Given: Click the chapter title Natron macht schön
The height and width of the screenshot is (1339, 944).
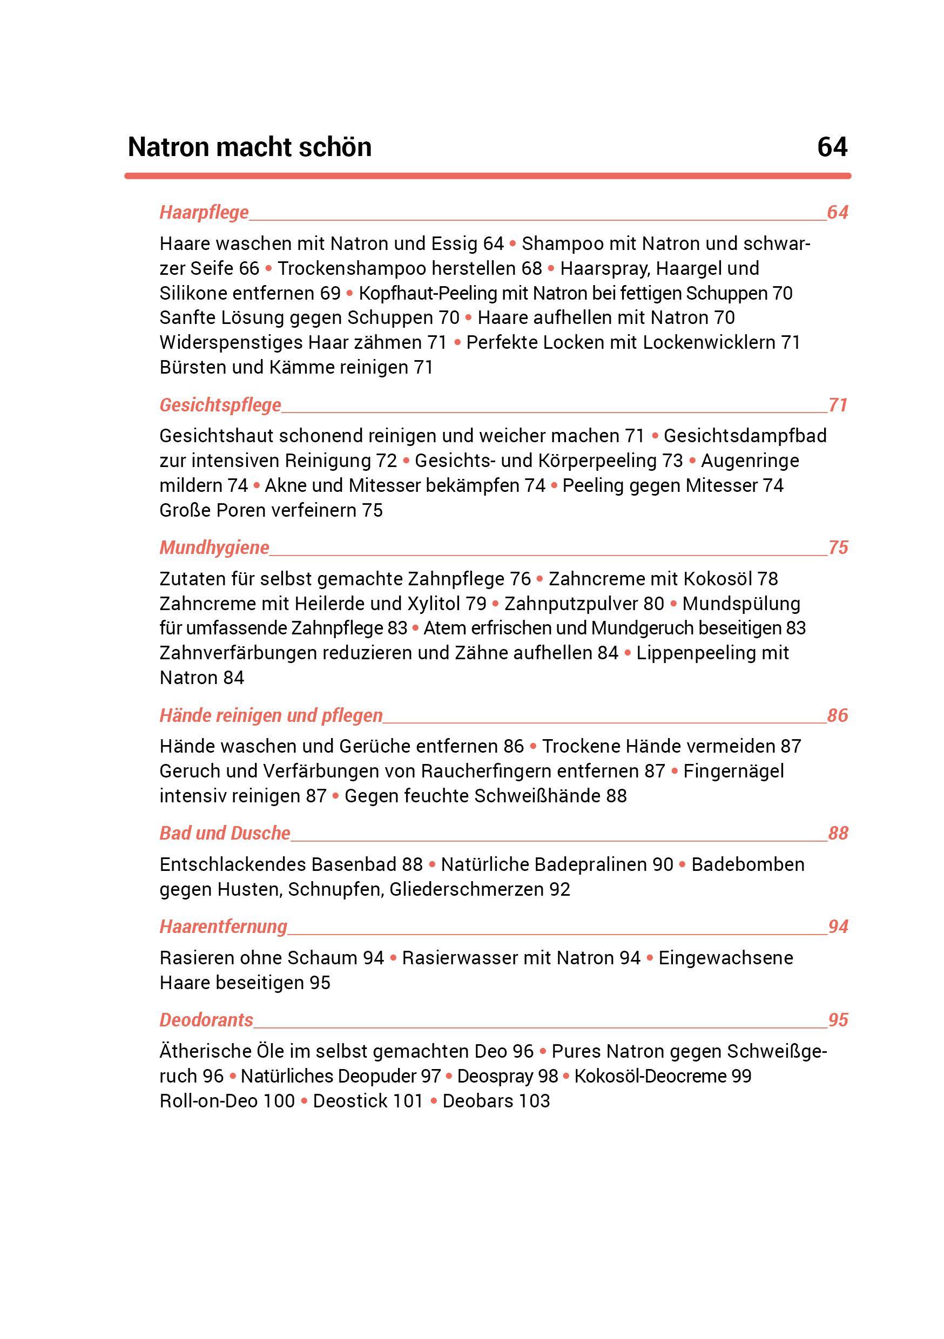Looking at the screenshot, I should point(249,147).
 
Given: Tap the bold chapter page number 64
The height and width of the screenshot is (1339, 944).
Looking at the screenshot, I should point(832,147).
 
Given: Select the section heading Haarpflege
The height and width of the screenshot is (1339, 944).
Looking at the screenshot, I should point(204,212).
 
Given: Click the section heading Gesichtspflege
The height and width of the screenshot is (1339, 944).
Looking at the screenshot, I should point(220,405).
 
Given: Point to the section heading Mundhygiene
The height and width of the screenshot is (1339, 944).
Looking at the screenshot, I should point(214,547).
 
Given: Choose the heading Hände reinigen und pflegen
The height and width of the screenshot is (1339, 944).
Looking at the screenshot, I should point(271,715).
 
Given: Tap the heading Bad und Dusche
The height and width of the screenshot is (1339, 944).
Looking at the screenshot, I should point(225,833).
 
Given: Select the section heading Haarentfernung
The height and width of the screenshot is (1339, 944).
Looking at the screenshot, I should point(224,927).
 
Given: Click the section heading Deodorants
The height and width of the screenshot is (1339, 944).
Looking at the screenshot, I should point(206,1020).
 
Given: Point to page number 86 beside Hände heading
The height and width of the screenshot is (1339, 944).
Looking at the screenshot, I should point(837,715).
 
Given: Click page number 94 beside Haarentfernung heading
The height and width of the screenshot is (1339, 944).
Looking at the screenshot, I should point(838,927).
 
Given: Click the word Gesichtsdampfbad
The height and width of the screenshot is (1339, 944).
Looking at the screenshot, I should point(745,436).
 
